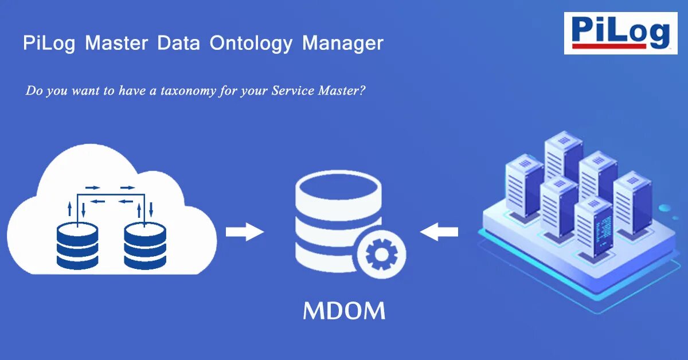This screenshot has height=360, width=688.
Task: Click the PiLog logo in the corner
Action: (620, 33)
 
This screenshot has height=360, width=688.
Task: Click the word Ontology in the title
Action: (251, 44)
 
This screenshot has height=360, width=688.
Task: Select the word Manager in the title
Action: (343, 44)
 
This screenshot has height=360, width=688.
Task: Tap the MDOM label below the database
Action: (344, 311)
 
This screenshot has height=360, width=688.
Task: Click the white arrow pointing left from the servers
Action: (439, 232)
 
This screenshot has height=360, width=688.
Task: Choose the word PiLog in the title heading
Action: (49, 44)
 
